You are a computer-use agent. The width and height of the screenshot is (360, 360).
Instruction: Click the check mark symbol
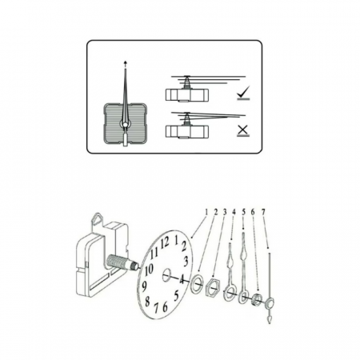point(243,92)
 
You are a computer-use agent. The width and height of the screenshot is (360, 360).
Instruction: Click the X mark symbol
point(242,130)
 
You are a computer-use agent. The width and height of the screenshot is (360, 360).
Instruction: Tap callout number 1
point(206,212)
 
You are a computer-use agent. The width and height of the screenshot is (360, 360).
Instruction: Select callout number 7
point(263,212)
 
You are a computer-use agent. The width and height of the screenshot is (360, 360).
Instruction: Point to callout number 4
point(234,212)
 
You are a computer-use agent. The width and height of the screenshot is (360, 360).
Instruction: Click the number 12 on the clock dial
point(165,242)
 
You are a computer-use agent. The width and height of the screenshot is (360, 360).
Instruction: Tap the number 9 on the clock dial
point(144,286)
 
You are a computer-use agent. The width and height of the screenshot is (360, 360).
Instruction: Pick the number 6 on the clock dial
point(165,307)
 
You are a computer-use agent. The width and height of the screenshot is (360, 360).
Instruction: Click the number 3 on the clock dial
point(186,262)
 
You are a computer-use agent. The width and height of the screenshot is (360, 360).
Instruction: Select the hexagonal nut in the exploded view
point(213,286)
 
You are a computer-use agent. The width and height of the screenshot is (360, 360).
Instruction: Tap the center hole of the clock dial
point(166,275)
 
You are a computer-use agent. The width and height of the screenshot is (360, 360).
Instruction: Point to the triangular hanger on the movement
point(98,219)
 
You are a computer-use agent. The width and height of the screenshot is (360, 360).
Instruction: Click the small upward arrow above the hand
point(126,62)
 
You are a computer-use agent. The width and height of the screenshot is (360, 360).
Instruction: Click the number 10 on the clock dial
point(150,270)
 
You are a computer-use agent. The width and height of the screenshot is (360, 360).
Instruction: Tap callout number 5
point(243,212)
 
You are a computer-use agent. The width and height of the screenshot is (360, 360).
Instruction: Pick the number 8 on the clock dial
point(147,302)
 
